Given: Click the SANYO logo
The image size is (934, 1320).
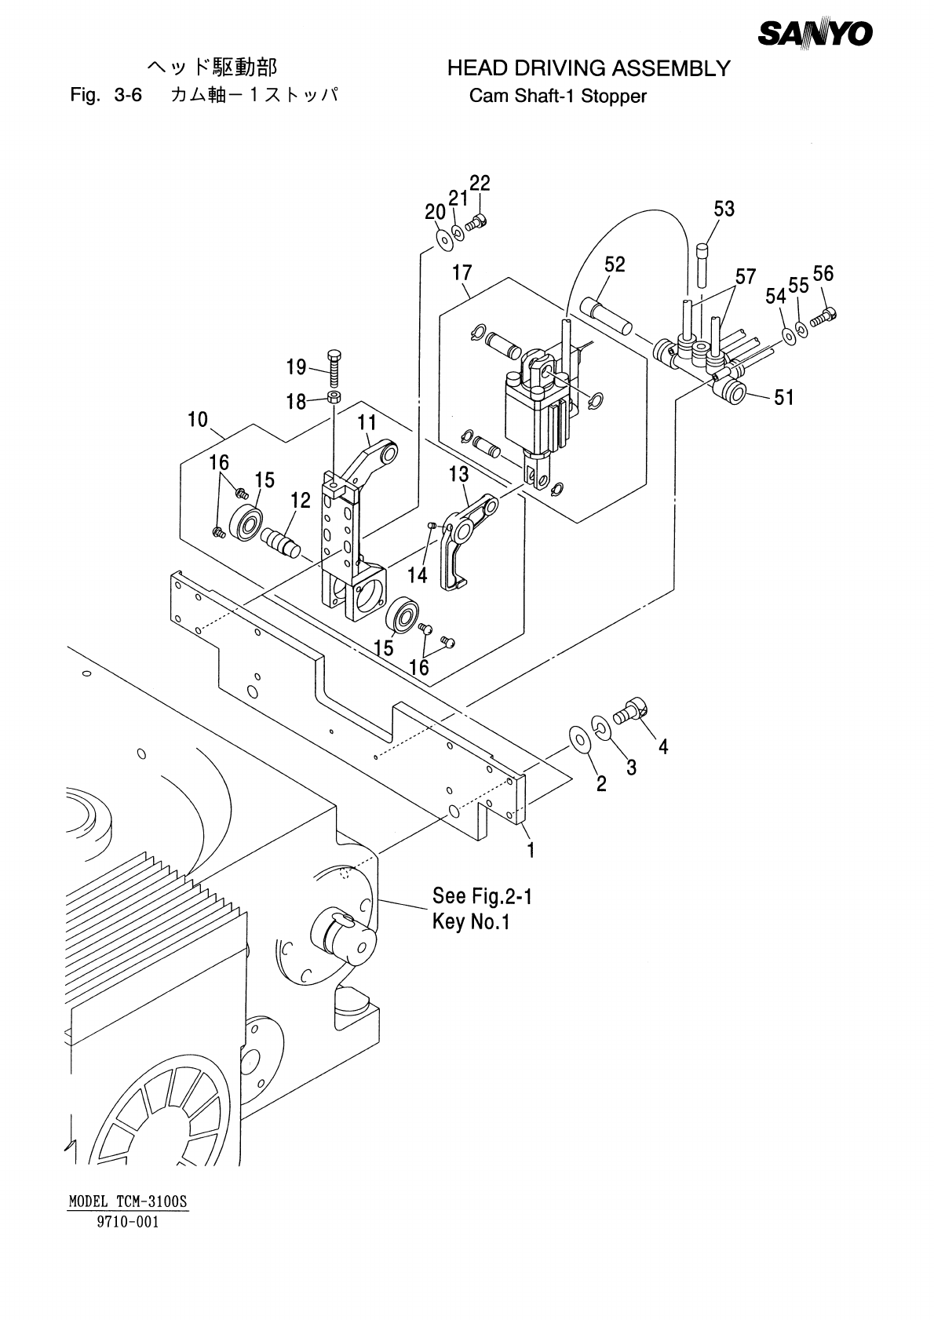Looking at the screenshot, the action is (815, 34).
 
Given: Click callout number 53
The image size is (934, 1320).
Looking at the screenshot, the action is (724, 209).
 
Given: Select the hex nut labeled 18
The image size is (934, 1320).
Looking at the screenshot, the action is (334, 396).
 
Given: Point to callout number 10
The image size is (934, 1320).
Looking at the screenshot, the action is (198, 420).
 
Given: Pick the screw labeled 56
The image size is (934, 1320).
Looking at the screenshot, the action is (824, 317).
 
